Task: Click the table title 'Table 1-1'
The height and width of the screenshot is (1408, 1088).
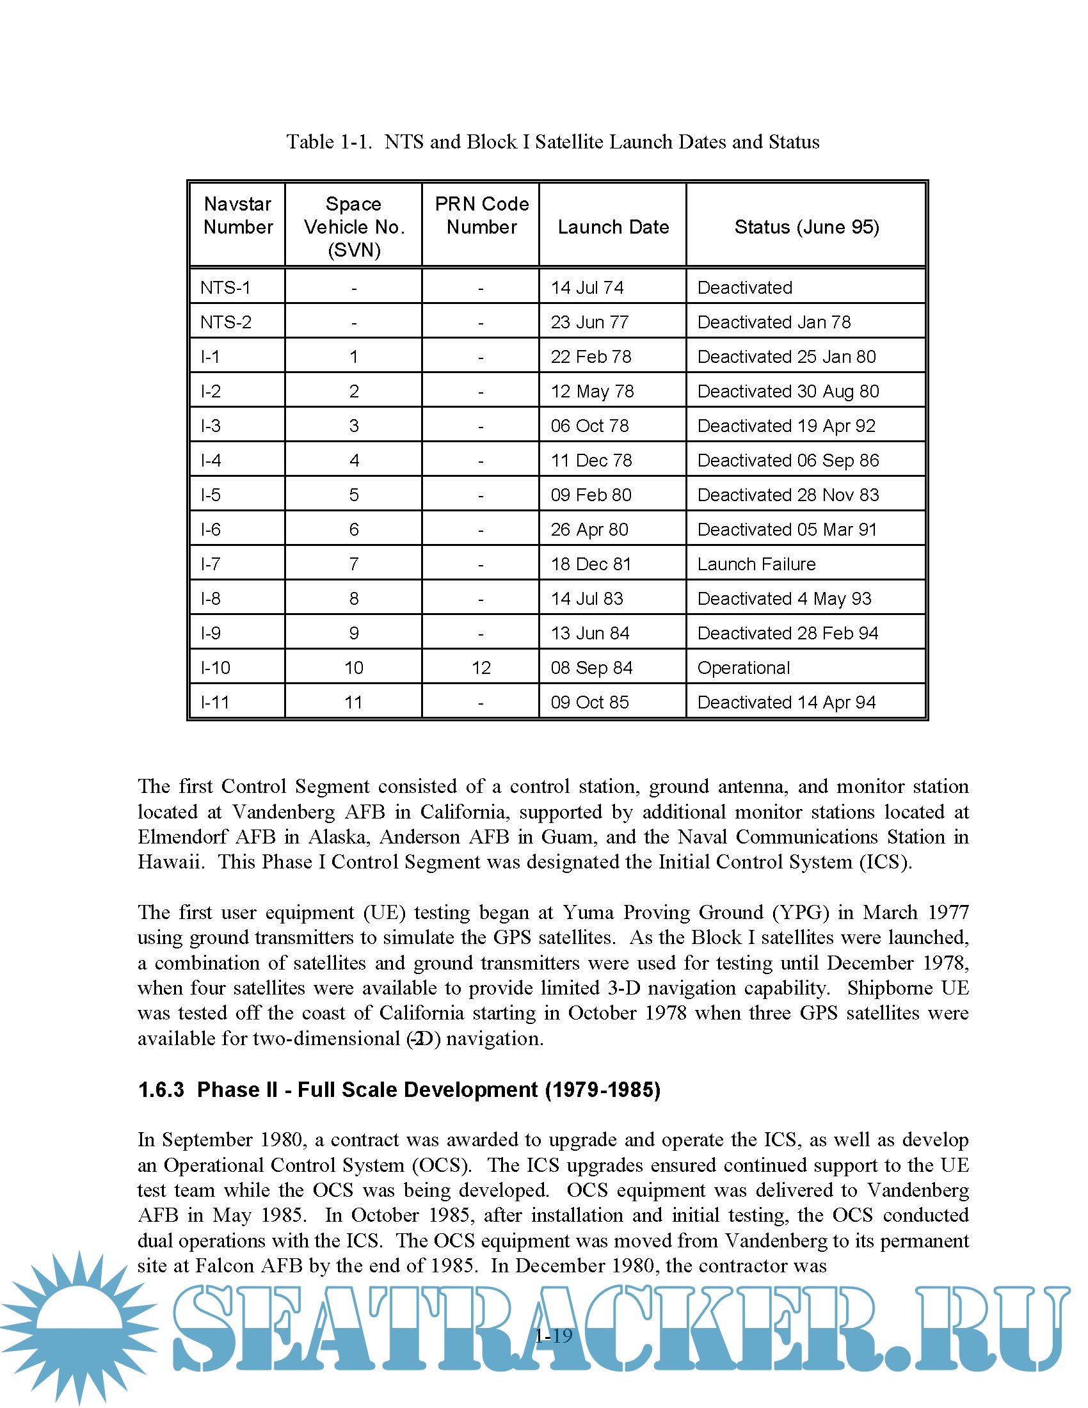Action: pos(329,142)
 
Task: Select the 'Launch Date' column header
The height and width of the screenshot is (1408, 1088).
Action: pos(613,227)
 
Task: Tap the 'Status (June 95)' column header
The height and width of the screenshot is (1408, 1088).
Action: pos(806,227)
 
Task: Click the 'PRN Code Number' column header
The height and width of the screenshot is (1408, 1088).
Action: pos(481,215)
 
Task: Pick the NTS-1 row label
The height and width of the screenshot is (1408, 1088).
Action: pos(225,287)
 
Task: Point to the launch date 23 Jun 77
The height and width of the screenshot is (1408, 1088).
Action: pos(589,323)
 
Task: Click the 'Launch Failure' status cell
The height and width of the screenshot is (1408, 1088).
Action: pos(756,564)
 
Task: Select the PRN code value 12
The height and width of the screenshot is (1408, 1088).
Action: pos(481,668)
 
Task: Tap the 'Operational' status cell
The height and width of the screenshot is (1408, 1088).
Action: pos(743,668)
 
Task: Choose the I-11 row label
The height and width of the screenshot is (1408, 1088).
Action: pos(214,702)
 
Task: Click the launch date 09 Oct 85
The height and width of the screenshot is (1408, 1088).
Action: pos(589,702)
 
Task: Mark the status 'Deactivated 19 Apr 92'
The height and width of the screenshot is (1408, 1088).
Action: pos(786,426)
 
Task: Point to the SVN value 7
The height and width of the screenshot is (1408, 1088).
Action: pos(354,564)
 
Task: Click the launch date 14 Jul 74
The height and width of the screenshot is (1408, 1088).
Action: pos(586,287)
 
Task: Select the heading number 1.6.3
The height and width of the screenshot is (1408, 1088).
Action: pos(161,1089)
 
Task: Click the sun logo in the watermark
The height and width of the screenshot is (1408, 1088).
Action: pos(79,1328)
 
